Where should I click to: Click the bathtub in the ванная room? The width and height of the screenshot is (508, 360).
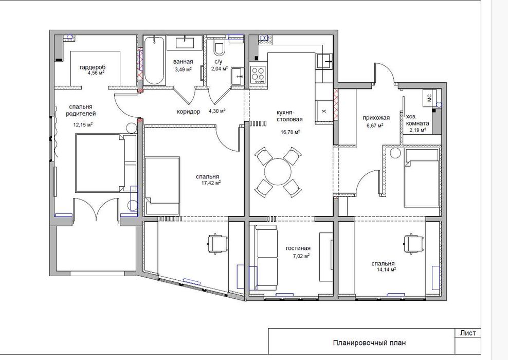(x=154, y=61)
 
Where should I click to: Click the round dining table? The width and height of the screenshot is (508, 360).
(x=278, y=172)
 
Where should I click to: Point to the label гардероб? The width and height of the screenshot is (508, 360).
(x=93, y=67)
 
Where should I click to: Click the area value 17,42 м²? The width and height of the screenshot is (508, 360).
(x=211, y=183)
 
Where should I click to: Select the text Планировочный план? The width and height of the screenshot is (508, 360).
(x=369, y=343)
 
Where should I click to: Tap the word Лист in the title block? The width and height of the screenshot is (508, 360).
(x=468, y=333)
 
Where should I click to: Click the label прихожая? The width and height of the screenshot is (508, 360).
(x=376, y=118)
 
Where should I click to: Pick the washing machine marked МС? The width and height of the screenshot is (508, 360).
(x=429, y=98)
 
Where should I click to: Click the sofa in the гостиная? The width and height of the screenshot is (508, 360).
(x=266, y=257)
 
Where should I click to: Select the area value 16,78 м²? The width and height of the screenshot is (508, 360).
(x=290, y=132)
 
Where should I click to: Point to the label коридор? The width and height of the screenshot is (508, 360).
(x=189, y=112)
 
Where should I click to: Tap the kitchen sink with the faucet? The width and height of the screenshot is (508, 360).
(x=324, y=61)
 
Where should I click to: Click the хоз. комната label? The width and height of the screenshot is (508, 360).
(x=418, y=120)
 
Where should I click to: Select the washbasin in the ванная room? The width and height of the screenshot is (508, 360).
(x=185, y=43)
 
